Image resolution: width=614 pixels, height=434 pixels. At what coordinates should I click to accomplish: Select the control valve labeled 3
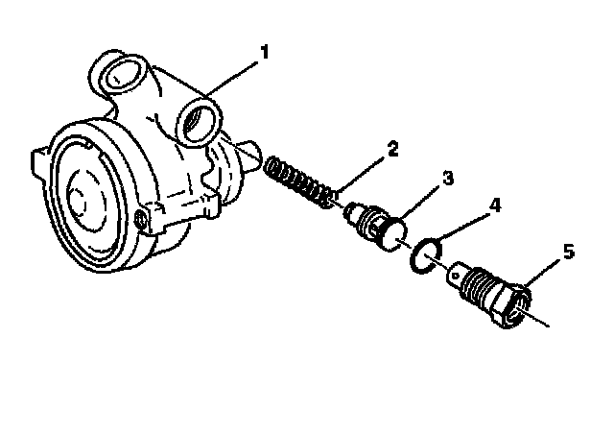pyautogui.click(x=373, y=223)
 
